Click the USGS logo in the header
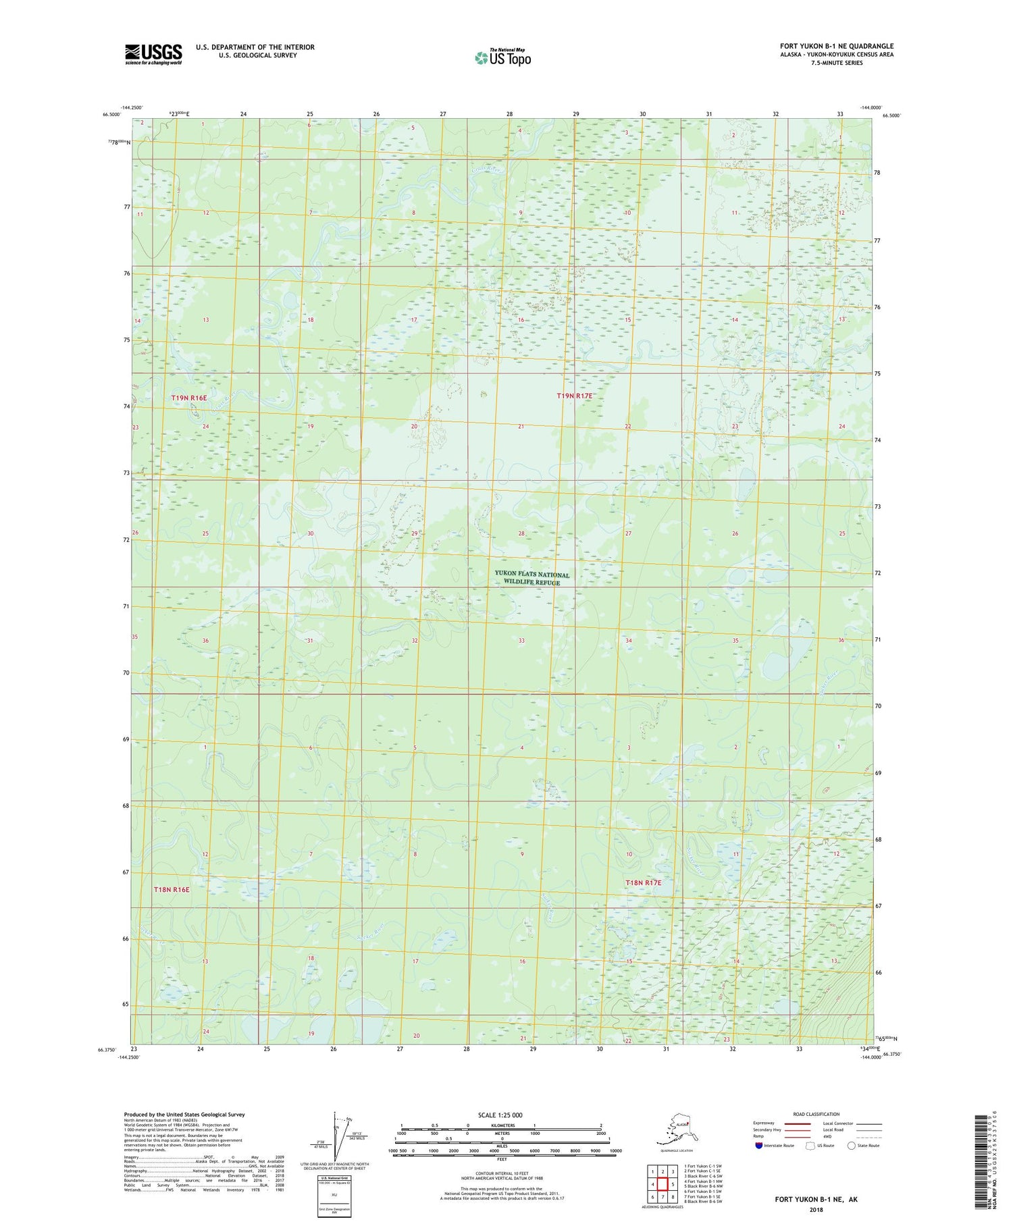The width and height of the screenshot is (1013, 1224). [x=153, y=54]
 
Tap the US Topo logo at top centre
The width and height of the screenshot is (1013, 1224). [x=502, y=57]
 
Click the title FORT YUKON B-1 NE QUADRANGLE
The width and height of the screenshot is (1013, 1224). [x=837, y=46]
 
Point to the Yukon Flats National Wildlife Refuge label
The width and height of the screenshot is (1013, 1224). [x=532, y=578]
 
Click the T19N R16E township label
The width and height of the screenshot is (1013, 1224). [x=189, y=398]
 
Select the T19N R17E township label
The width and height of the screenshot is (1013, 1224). [x=574, y=396]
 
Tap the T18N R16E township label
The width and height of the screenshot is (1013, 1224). [x=172, y=890]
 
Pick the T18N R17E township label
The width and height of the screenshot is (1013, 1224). [x=643, y=883]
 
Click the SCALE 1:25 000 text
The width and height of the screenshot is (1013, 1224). [x=500, y=1115]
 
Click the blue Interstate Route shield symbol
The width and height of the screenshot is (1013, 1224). [x=758, y=1146]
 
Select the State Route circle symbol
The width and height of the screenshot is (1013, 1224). [x=852, y=1146]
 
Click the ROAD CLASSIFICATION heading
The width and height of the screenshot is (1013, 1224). [x=816, y=1114]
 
